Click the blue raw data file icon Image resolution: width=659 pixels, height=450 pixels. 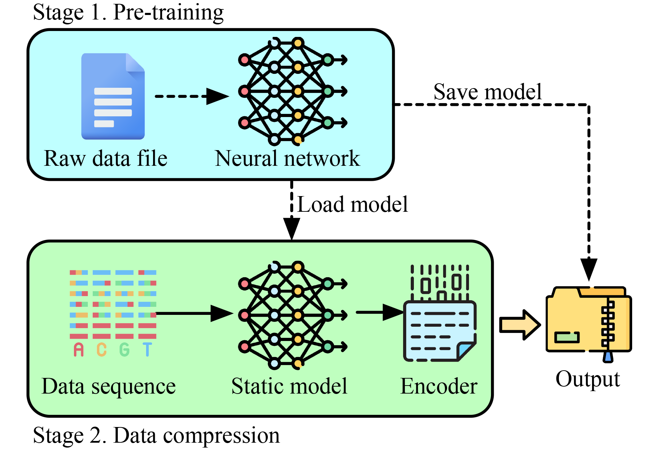pyautogui.click(x=113, y=96)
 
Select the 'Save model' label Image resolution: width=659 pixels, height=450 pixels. pyautogui.click(x=487, y=92)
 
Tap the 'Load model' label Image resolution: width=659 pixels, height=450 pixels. pyautogui.click(x=352, y=204)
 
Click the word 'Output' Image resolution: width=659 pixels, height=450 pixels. pyautogui.click(x=588, y=379)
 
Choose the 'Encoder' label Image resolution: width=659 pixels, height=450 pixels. pyautogui.click(x=439, y=386)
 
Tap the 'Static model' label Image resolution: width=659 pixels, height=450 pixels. pyautogui.click(x=289, y=386)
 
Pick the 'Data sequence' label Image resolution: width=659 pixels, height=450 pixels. pyautogui.click(x=108, y=386)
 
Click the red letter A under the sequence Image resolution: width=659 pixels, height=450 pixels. pyautogui.click(x=79, y=350)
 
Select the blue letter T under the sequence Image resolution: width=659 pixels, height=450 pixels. pyautogui.click(x=147, y=350)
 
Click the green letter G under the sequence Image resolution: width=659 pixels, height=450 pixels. pyautogui.click(x=124, y=350)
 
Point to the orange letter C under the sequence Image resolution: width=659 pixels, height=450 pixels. pyautogui.click(x=101, y=350)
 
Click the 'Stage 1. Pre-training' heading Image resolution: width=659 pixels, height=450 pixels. pyautogui.click(x=128, y=13)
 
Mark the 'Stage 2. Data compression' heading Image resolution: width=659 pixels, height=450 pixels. pyautogui.click(x=156, y=435)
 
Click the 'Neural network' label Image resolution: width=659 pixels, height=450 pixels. pyautogui.click(x=287, y=159)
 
